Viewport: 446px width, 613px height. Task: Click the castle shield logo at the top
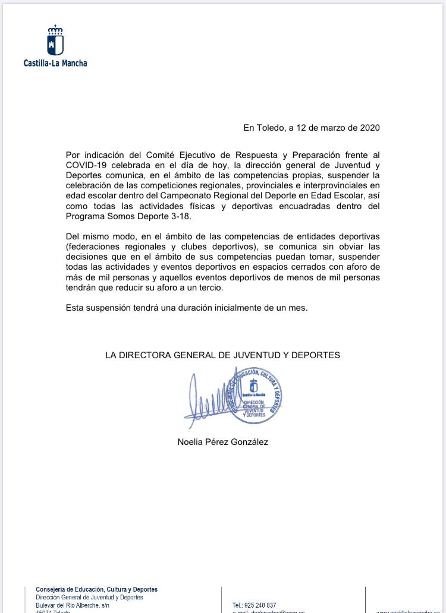tap(55, 42)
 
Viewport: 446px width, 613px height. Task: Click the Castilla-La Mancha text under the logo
tap(55, 62)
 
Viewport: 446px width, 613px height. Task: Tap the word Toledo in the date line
tap(271, 127)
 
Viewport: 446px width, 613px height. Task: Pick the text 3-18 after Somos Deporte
tap(178, 216)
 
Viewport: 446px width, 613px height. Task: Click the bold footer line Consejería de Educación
tap(96, 589)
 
